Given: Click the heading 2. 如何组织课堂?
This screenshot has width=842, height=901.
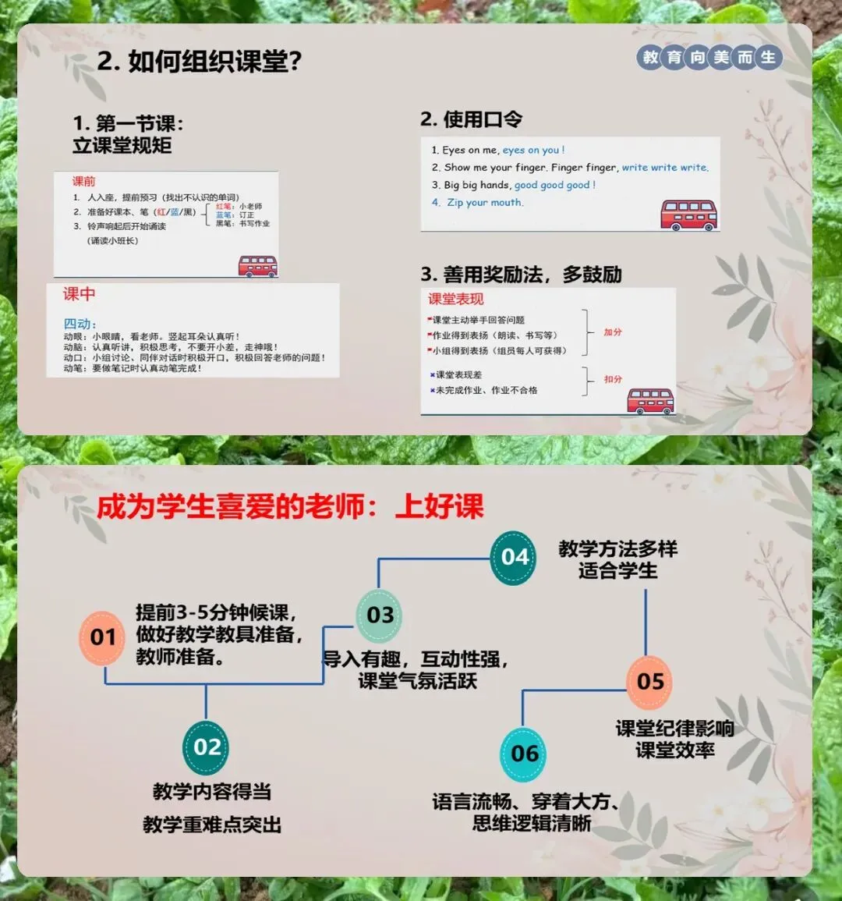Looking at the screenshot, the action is [199, 62].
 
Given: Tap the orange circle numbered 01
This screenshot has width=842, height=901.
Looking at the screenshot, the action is [103, 637].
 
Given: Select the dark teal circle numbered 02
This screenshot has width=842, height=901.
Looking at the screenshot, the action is [207, 747].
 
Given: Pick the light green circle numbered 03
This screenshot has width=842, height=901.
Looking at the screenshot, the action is [380, 615].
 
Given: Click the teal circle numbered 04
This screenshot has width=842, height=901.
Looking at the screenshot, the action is [514, 557].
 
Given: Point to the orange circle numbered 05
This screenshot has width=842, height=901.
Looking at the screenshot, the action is [649, 682].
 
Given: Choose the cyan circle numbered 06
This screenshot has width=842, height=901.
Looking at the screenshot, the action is [524, 754].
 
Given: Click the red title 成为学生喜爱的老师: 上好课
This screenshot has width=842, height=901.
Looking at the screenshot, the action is [289, 507].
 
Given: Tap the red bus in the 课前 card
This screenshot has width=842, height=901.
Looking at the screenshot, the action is [258, 265].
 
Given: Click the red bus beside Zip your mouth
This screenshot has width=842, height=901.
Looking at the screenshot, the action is [688, 215].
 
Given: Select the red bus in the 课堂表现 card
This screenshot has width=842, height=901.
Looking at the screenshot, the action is [650, 400].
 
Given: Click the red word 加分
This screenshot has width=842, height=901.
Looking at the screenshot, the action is [613, 332].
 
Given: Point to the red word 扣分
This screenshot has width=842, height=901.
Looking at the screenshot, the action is [613, 379].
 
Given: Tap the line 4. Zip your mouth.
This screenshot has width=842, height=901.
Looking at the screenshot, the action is [477, 203].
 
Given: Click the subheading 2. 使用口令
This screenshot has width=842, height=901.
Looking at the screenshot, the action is [471, 119].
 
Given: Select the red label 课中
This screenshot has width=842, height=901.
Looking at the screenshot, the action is [79, 294].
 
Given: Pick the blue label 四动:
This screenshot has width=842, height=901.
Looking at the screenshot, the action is [80, 324].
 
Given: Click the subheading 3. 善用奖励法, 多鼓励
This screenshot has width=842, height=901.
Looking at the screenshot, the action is [521, 275].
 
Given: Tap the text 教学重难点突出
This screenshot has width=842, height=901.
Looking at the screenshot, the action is [212, 825].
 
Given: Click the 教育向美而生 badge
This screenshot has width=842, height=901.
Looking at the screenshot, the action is [709, 57].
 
